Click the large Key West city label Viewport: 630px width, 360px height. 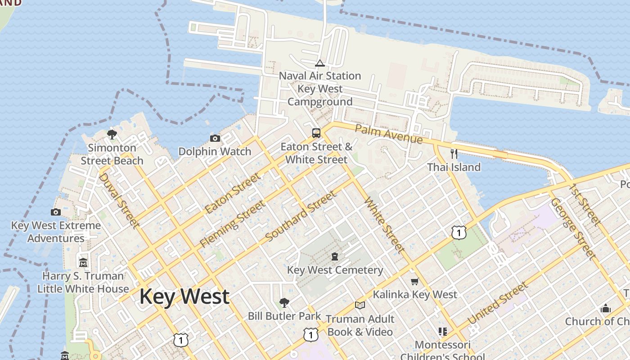point(184,297)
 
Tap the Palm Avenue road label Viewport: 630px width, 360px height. point(389,135)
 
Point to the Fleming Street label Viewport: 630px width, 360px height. point(233,224)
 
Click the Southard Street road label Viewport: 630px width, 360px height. point(301,216)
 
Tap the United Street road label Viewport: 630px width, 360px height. point(497,303)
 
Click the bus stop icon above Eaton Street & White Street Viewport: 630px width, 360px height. point(316,133)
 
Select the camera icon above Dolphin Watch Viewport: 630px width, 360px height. point(215,138)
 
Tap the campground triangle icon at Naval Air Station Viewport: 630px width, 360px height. point(320,63)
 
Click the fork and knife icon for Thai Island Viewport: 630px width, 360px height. point(454,154)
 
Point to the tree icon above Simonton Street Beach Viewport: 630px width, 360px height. point(112,134)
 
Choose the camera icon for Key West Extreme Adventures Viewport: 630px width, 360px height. point(56,212)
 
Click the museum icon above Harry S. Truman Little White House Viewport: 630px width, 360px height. point(83,262)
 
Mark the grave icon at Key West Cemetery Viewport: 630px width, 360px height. point(335,256)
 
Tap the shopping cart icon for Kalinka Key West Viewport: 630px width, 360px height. point(414,281)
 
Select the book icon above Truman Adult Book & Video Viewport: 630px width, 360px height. point(360,306)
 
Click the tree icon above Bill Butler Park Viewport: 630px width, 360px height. point(284,302)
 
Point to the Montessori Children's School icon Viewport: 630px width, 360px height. point(442,332)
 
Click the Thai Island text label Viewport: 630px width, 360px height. point(454,167)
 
